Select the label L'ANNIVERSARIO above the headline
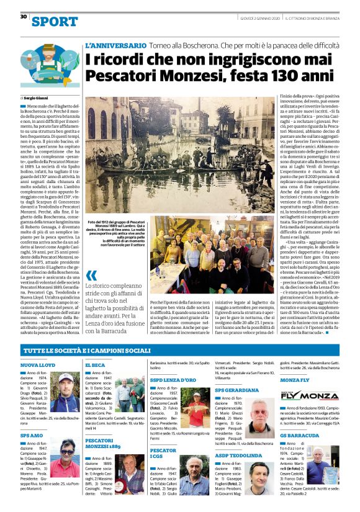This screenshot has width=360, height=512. pos(115,46)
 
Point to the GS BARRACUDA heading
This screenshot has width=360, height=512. pos(300,436)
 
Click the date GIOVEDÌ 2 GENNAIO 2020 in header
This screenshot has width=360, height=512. pos(261,17)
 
